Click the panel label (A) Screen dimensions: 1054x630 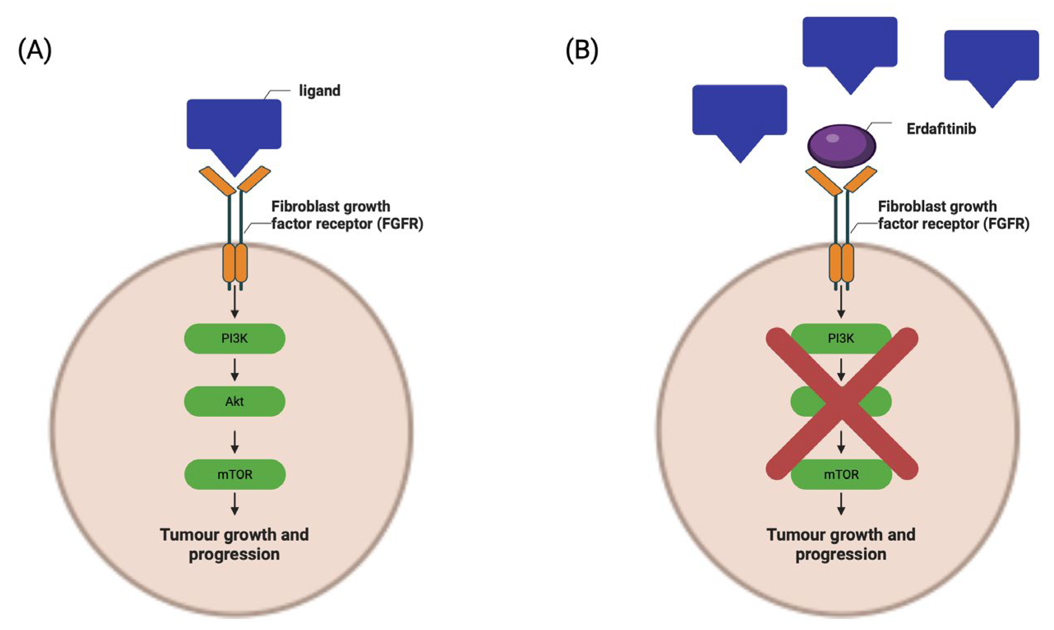click(x=35, y=51)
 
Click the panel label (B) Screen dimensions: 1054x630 click(x=582, y=51)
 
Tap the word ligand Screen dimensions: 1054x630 click(x=320, y=91)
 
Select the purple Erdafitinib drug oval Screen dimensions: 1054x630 click(x=841, y=146)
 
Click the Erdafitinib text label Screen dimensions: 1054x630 click(x=941, y=129)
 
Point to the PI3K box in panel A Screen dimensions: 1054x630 click(x=234, y=339)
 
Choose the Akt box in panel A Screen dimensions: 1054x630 click(x=234, y=401)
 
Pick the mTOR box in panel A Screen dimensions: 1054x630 click(x=235, y=474)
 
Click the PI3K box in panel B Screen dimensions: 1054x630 click(x=841, y=339)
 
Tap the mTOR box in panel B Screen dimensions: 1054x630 click(x=841, y=474)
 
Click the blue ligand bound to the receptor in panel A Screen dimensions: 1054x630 click(x=234, y=132)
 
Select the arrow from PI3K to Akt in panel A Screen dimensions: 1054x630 click(x=234, y=370)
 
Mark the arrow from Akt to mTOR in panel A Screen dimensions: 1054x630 click(x=234, y=443)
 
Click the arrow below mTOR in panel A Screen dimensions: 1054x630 click(x=234, y=504)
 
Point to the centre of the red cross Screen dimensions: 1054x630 click(x=841, y=404)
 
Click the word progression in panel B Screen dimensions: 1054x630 click(x=841, y=555)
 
